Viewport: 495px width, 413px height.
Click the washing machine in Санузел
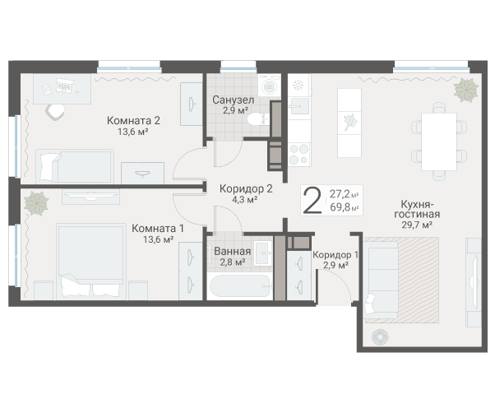pos(269,86)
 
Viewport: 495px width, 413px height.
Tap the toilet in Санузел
pos(258,119)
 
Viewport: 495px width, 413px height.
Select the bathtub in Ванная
pos(240,286)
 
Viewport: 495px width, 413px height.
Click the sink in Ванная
pos(263,253)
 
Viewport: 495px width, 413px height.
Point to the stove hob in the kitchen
pos(298,154)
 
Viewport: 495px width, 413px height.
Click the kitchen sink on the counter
pos(298,106)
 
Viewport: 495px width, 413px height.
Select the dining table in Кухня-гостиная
pos(439,142)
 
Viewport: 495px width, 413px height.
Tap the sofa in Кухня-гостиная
pos(380,281)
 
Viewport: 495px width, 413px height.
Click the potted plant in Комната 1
pos(36,203)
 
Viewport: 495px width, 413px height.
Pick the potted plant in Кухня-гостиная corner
pos(466,90)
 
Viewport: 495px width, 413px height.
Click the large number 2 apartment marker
pos(312,200)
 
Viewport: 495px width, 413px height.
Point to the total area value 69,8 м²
pos(344,207)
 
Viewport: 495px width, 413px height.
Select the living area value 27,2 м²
pos(344,194)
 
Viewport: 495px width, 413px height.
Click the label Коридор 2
pos(246,189)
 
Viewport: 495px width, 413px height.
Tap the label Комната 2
pos(133,121)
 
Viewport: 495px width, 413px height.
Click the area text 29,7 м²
pos(417,225)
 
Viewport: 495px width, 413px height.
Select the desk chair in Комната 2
pos(56,112)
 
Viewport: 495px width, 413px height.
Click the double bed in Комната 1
pos(91,262)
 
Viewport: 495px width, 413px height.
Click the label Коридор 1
pos(335,255)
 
